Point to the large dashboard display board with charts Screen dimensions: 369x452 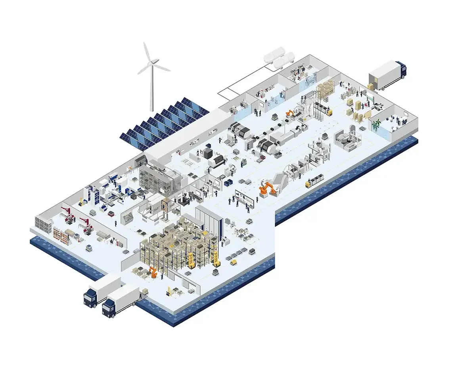pyautogui.click(x=243, y=198)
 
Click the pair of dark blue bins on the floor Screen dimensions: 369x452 pyautogui.click(x=228, y=183)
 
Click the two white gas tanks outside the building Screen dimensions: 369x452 pyautogui.click(x=280, y=57)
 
